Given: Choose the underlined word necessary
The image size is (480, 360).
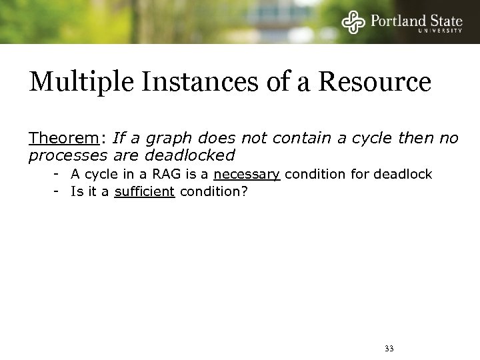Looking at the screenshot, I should pyautogui.click(x=247, y=175).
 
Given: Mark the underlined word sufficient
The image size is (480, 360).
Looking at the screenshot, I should pyautogui.click(x=143, y=193).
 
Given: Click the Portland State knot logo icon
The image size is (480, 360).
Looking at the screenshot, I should pyautogui.click(x=353, y=22).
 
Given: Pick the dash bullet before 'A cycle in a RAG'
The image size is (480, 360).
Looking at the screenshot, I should pyautogui.click(x=59, y=175).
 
